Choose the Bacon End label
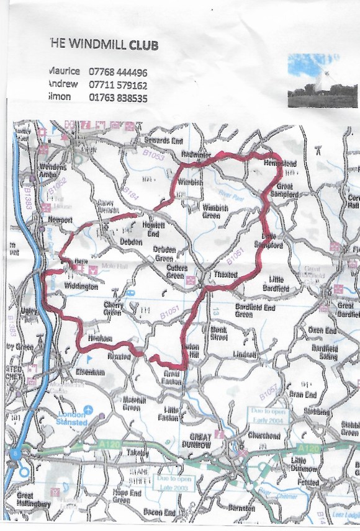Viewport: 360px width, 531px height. click(x=160, y=512)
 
